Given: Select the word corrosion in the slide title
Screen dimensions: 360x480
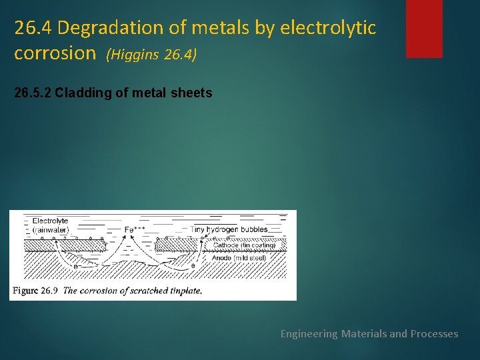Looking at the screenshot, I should pyautogui.click(x=55, y=53).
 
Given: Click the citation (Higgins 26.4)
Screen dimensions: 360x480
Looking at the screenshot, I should pyautogui.click(x=151, y=55).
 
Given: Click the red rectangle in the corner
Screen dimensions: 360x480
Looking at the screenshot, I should pyautogui.click(x=424, y=28).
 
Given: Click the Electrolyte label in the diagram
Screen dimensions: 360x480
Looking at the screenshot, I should pyautogui.click(x=50, y=221).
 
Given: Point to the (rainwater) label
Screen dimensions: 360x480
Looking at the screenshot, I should pyautogui.click(x=51, y=230).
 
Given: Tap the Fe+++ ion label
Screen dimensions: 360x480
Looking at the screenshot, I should pyautogui.click(x=135, y=229).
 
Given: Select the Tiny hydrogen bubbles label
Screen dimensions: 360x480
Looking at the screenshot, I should pyautogui.click(x=229, y=229).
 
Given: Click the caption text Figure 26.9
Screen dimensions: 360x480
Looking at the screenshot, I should pyautogui.click(x=35, y=291).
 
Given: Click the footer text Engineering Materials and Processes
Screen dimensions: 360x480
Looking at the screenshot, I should pyautogui.click(x=369, y=333).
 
